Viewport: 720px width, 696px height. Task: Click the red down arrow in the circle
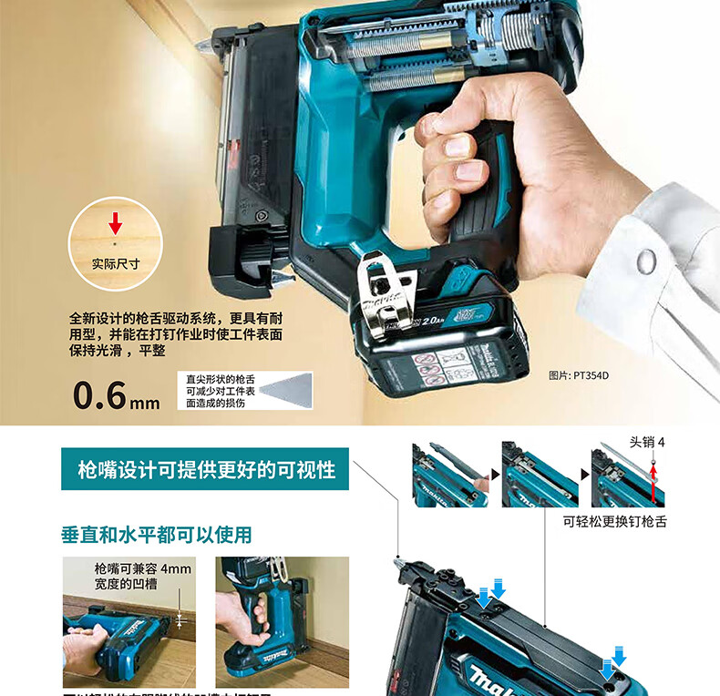[115, 222]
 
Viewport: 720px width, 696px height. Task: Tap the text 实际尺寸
[115, 264]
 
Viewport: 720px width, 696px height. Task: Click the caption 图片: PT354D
[579, 374]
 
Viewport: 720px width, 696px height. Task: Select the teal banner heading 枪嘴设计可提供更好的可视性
[207, 470]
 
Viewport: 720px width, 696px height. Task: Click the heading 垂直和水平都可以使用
[156, 534]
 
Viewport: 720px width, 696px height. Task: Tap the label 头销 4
[647, 442]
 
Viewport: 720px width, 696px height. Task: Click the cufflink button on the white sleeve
[645, 261]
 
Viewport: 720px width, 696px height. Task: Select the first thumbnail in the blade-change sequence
[449, 475]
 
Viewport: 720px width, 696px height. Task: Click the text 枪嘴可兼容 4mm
[143, 569]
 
